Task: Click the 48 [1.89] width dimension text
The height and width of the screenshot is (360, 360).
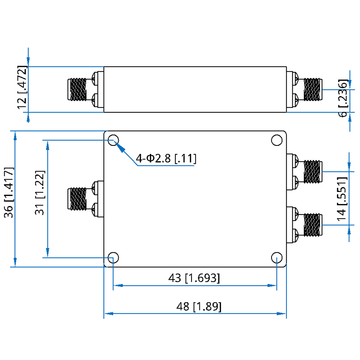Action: tap(199, 306)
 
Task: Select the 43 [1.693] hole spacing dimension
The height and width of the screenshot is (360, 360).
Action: tap(194, 278)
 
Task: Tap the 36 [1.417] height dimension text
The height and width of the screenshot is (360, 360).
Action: tap(9, 192)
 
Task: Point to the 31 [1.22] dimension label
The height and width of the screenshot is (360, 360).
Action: tap(40, 193)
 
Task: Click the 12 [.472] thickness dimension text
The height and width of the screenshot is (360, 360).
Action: tap(22, 87)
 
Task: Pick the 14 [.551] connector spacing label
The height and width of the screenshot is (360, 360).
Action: tap(342, 199)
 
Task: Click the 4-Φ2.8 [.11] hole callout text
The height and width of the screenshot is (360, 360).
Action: tap(166, 158)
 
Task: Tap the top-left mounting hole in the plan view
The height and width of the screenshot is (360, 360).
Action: tap(113, 140)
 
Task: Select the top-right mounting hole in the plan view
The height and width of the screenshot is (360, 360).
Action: tap(276, 140)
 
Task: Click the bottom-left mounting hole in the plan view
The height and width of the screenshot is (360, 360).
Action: tap(113, 258)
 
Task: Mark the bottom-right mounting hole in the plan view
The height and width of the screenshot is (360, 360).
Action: tap(276, 258)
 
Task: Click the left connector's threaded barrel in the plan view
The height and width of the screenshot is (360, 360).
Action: tap(77, 199)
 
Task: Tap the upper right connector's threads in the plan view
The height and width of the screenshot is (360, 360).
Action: tap(313, 172)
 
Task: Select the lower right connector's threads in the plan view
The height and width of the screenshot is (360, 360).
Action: tap(313, 225)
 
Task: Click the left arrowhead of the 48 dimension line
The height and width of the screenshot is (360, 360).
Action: tap(108, 314)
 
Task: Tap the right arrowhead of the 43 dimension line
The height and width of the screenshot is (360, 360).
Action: tap(272, 285)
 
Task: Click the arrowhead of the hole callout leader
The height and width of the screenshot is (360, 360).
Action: tap(121, 148)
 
